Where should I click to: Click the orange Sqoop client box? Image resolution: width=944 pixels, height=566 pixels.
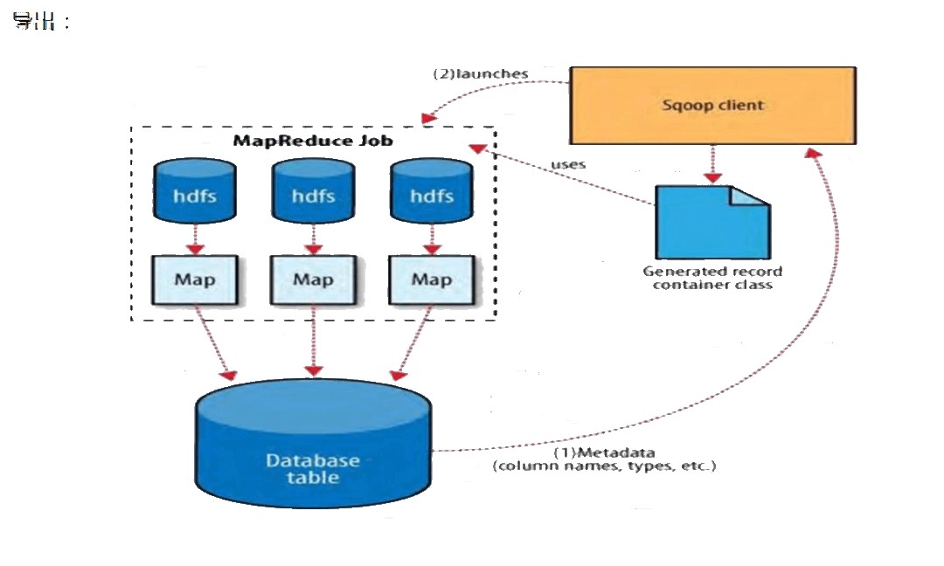click(x=712, y=105)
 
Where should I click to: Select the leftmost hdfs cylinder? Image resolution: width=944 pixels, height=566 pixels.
click(x=194, y=193)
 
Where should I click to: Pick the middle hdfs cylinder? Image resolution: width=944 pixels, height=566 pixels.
click(x=313, y=193)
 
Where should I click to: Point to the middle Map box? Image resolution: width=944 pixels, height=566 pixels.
click(x=313, y=280)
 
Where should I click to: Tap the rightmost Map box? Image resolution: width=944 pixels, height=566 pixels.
click(x=431, y=280)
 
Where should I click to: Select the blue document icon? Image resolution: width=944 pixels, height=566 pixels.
click(x=708, y=222)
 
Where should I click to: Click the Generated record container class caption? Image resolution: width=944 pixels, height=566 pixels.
click(x=713, y=278)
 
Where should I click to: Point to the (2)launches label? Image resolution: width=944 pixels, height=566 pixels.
click(x=481, y=74)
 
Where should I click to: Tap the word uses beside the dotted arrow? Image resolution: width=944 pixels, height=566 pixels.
click(x=568, y=164)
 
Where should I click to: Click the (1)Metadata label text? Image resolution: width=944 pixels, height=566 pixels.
click(x=605, y=453)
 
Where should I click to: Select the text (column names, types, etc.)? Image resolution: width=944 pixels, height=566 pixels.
click(x=605, y=466)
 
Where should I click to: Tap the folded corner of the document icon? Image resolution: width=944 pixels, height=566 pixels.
click(x=750, y=196)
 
